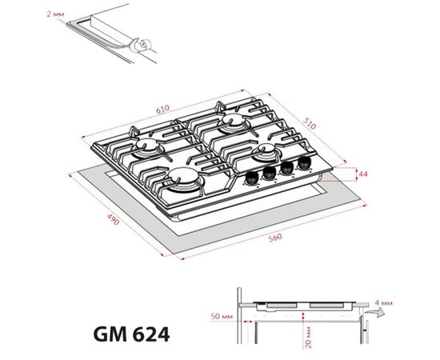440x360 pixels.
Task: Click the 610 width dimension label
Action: (x=163, y=109)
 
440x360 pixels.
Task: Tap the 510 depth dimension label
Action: (x=310, y=123)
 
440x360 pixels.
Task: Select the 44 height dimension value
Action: (x=363, y=174)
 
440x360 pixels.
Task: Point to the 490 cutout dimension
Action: (x=113, y=219)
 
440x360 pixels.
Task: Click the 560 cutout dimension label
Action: (x=275, y=238)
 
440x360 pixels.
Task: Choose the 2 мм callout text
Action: (x=55, y=14)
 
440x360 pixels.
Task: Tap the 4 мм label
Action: (x=383, y=303)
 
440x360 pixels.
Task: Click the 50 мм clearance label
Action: (x=222, y=316)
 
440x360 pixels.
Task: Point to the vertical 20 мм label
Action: (x=308, y=337)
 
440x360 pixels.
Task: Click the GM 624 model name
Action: (x=131, y=334)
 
